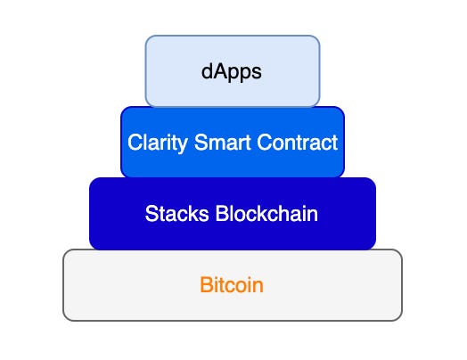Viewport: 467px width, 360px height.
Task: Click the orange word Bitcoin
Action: (232, 286)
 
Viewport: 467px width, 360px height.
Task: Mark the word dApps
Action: (232, 71)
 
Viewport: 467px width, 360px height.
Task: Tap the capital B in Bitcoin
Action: (205, 286)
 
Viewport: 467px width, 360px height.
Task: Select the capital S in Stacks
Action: (151, 215)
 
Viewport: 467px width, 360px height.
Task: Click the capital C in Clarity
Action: (134, 143)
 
